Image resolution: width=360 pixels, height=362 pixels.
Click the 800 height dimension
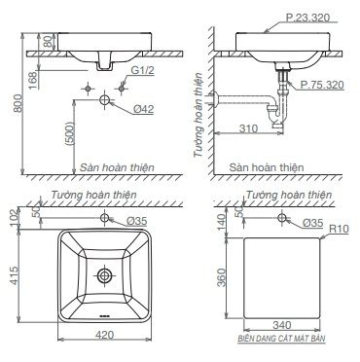click(18, 103)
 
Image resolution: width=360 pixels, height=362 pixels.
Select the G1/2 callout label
click(142, 70)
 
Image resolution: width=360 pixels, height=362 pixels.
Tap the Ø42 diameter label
click(143, 109)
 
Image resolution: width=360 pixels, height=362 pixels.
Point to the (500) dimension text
click(69, 133)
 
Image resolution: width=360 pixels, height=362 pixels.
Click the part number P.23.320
click(307, 18)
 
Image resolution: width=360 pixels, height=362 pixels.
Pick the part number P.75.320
click(322, 85)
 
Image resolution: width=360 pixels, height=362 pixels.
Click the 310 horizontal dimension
click(248, 128)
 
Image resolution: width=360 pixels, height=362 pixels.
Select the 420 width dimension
click(105, 335)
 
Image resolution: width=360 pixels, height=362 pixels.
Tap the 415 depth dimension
click(15, 275)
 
